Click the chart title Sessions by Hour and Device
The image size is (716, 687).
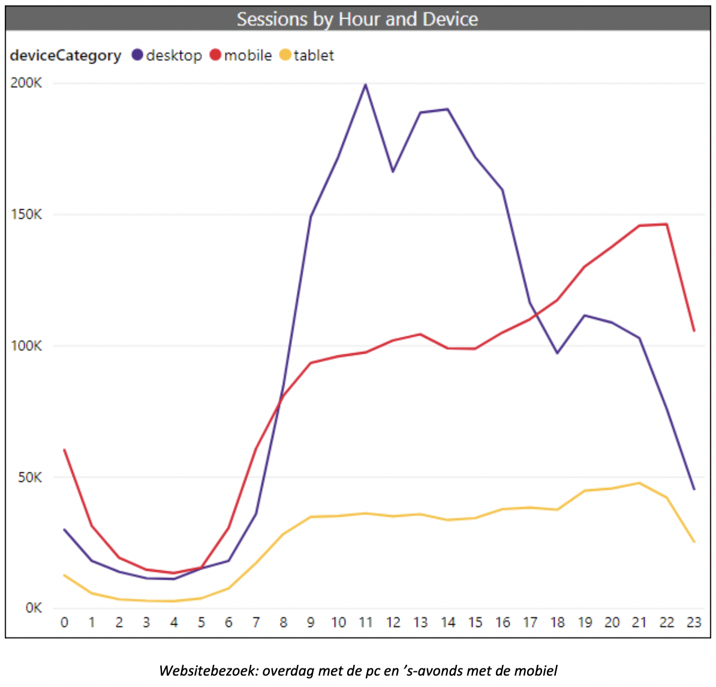[x=357, y=19]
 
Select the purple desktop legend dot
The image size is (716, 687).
[x=137, y=55]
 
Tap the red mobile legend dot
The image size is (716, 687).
[x=216, y=55]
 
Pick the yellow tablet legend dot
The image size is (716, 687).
[x=285, y=55]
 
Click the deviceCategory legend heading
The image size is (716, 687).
[x=65, y=55]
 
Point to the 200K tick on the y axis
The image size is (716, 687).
[x=26, y=83]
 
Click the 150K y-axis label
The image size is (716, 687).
[x=26, y=214]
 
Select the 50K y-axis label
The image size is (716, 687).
[x=29, y=477]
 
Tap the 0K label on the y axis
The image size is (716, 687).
[x=33, y=608]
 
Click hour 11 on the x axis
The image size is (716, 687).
[x=366, y=622]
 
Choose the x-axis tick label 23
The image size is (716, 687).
[x=694, y=622]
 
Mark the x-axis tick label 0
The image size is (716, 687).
[x=64, y=622]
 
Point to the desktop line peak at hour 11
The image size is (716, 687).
[x=366, y=85]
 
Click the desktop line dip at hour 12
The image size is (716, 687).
[x=393, y=172]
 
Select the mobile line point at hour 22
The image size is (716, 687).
[x=667, y=224]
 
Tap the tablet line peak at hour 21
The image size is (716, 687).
[x=639, y=483]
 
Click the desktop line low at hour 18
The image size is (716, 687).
[x=557, y=353]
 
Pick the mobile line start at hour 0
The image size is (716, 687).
[x=64, y=450]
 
